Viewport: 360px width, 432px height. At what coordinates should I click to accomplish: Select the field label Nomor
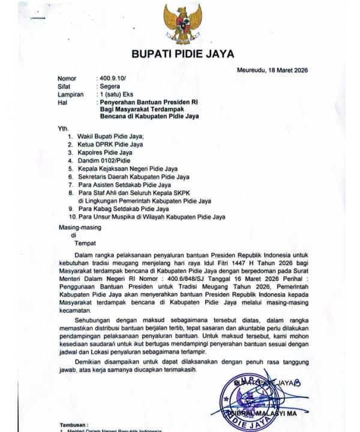pyautogui.click(x=67, y=79)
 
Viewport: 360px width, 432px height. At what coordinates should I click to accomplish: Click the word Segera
pyautogui.click(x=110, y=86)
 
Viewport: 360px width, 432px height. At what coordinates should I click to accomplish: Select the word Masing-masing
pyautogui.click(x=79, y=228)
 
